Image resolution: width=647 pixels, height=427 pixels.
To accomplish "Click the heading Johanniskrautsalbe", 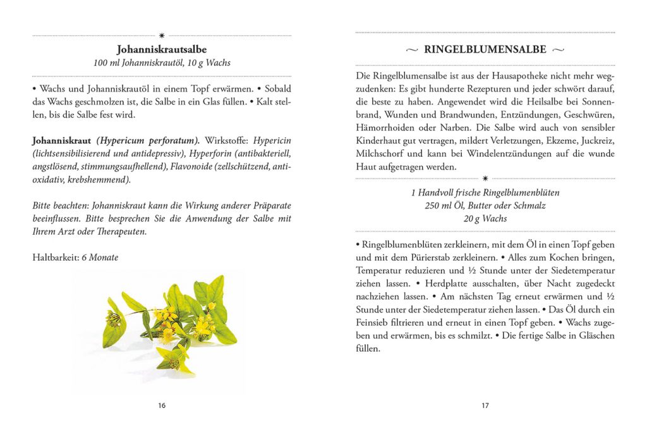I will click(162, 49).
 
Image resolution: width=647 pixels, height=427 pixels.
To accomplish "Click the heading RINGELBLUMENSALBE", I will click(485, 49).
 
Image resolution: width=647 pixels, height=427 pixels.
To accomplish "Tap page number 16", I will click(162, 405).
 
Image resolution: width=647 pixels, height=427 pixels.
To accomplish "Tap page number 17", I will click(485, 405).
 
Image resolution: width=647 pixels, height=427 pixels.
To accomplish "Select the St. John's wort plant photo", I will click(171, 323).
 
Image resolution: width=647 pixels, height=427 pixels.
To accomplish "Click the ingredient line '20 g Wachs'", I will click(485, 219).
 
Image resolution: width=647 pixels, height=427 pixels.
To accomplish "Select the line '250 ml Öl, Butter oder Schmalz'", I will click(485, 206).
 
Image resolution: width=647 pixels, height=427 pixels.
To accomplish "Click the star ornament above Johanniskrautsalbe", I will click(162, 35).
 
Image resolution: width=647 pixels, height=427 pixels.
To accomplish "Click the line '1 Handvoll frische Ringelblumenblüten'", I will click(485, 192).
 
